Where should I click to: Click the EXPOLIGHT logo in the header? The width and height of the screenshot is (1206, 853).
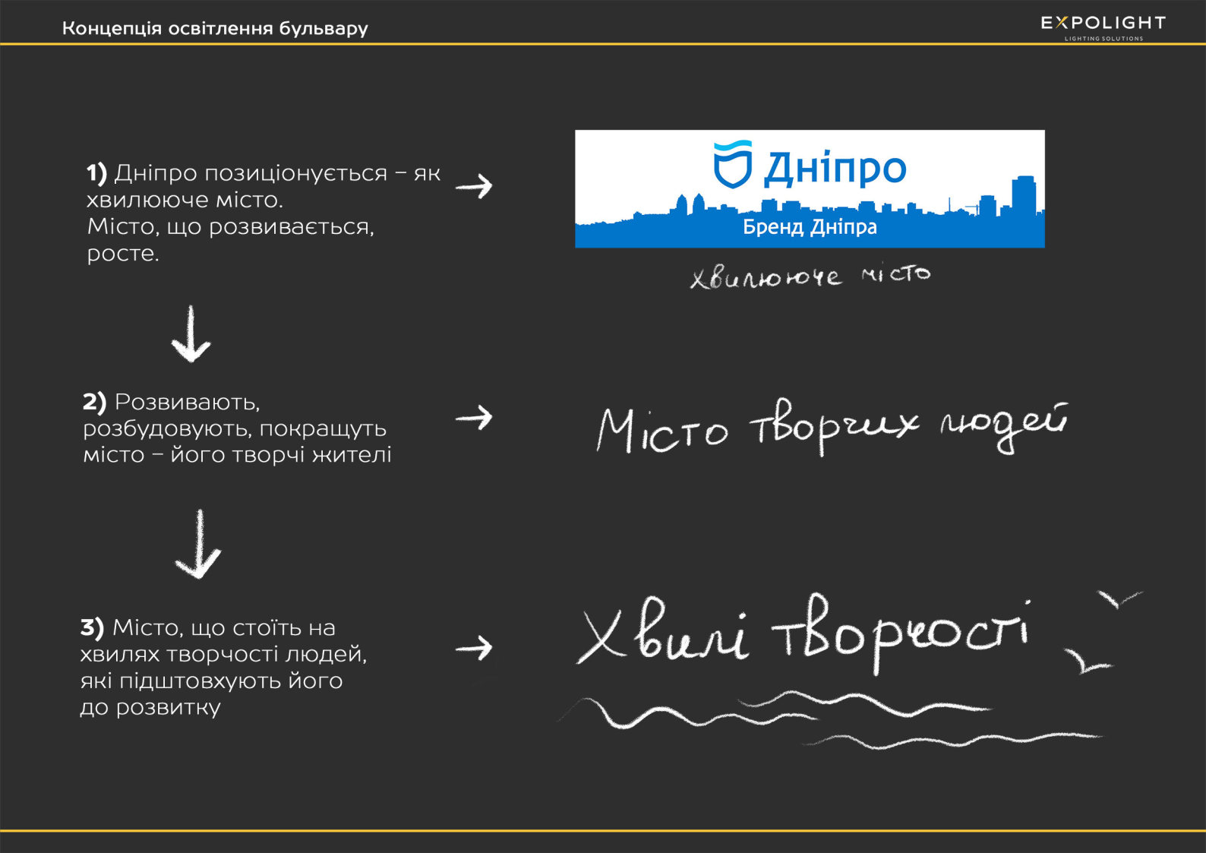tap(1103, 24)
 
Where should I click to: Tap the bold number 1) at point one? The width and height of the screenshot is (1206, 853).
tap(96, 173)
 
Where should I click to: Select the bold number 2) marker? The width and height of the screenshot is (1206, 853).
tap(94, 402)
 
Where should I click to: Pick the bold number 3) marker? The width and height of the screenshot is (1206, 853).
tap(92, 627)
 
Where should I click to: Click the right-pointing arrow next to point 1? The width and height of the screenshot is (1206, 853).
tap(474, 186)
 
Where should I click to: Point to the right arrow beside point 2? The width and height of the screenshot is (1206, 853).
tap(474, 417)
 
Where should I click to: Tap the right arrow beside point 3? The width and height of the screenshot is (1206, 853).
tap(474, 648)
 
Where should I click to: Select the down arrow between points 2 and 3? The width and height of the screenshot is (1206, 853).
tap(198, 545)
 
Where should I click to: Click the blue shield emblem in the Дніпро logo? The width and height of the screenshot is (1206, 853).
tap(732, 164)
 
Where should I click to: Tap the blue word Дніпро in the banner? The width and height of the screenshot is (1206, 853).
tap(835, 169)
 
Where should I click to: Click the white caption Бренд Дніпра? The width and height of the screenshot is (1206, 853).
tap(810, 227)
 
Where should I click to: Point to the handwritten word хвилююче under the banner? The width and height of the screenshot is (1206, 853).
tap(766, 277)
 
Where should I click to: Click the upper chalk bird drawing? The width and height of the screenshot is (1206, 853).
tap(1119, 599)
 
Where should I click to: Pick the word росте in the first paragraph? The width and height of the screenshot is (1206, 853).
tap(122, 254)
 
